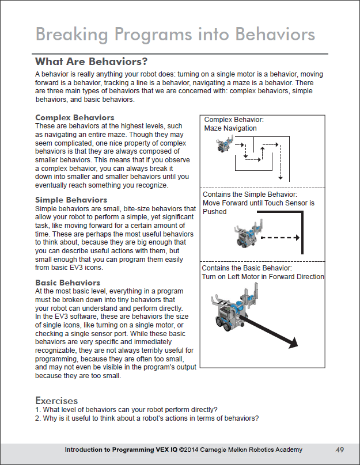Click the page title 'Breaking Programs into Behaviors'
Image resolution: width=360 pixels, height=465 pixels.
click(x=175, y=34)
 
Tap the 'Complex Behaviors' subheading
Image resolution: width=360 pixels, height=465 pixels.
click(x=75, y=118)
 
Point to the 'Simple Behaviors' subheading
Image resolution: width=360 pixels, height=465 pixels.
click(x=71, y=200)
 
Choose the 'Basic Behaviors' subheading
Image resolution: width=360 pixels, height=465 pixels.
click(x=67, y=283)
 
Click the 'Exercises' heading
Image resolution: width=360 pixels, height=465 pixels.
click(x=56, y=400)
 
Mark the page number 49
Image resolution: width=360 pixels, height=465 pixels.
click(x=340, y=449)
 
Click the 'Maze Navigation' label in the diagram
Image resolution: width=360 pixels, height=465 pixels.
click(x=230, y=128)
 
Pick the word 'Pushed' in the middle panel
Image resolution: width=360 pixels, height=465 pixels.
click(x=215, y=212)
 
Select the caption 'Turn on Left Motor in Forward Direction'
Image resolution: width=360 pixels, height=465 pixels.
click(x=263, y=277)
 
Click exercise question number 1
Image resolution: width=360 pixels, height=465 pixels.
click(x=126, y=410)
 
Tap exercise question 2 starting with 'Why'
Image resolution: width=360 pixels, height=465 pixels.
click(x=147, y=418)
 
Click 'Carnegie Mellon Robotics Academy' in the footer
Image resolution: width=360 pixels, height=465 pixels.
click(x=251, y=449)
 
